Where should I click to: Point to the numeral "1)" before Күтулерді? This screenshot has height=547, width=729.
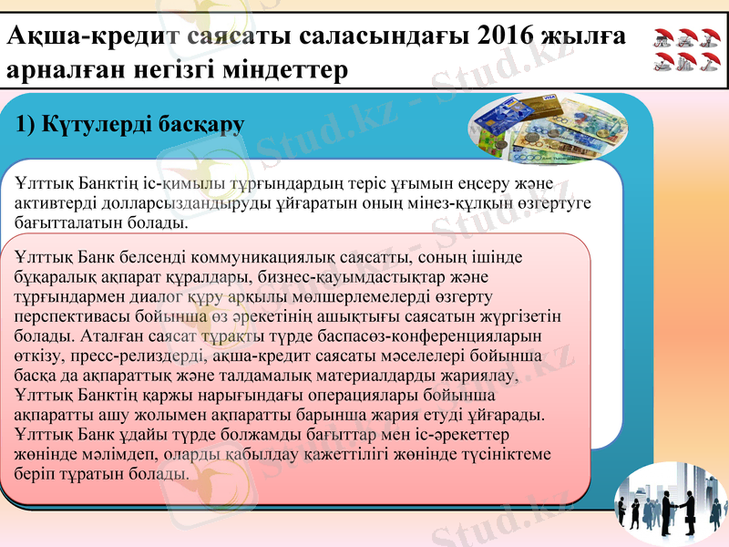point(27,125)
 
